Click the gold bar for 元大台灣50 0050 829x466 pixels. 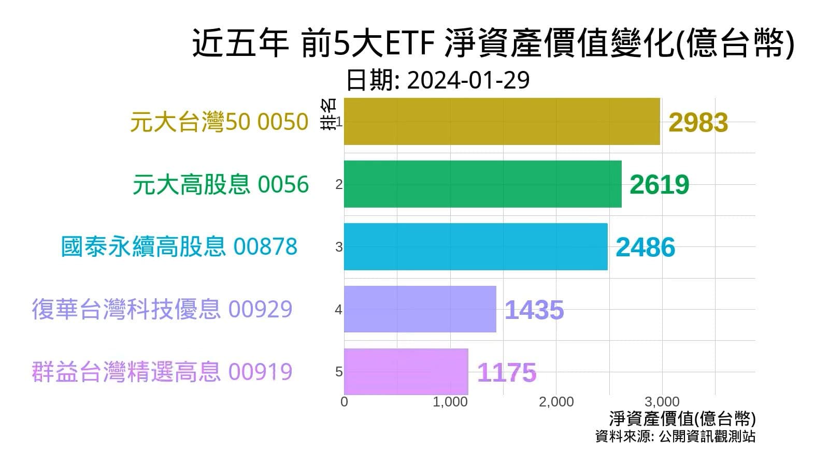click(x=502, y=122)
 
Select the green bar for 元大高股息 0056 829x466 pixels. click(x=482, y=184)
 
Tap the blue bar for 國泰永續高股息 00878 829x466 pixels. click(x=476, y=246)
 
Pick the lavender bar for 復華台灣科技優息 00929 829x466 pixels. click(x=420, y=309)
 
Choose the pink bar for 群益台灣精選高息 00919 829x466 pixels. click(x=406, y=371)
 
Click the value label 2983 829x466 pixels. click(x=698, y=123)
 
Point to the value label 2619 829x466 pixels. click(x=659, y=185)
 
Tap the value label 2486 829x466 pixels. click(x=645, y=247)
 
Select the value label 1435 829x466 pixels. click(x=534, y=310)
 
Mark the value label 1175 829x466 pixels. click(x=506, y=373)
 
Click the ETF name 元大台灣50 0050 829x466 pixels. click(x=219, y=122)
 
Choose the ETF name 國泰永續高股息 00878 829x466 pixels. click(x=179, y=246)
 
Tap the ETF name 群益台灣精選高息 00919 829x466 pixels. click(x=162, y=372)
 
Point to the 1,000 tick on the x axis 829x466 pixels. click(x=450, y=402)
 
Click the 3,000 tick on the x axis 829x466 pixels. click(x=662, y=402)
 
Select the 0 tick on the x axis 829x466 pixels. click(x=345, y=402)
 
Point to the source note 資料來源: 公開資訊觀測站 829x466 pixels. click(x=675, y=436)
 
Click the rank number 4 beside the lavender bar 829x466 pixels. click(x=338, y=310)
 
